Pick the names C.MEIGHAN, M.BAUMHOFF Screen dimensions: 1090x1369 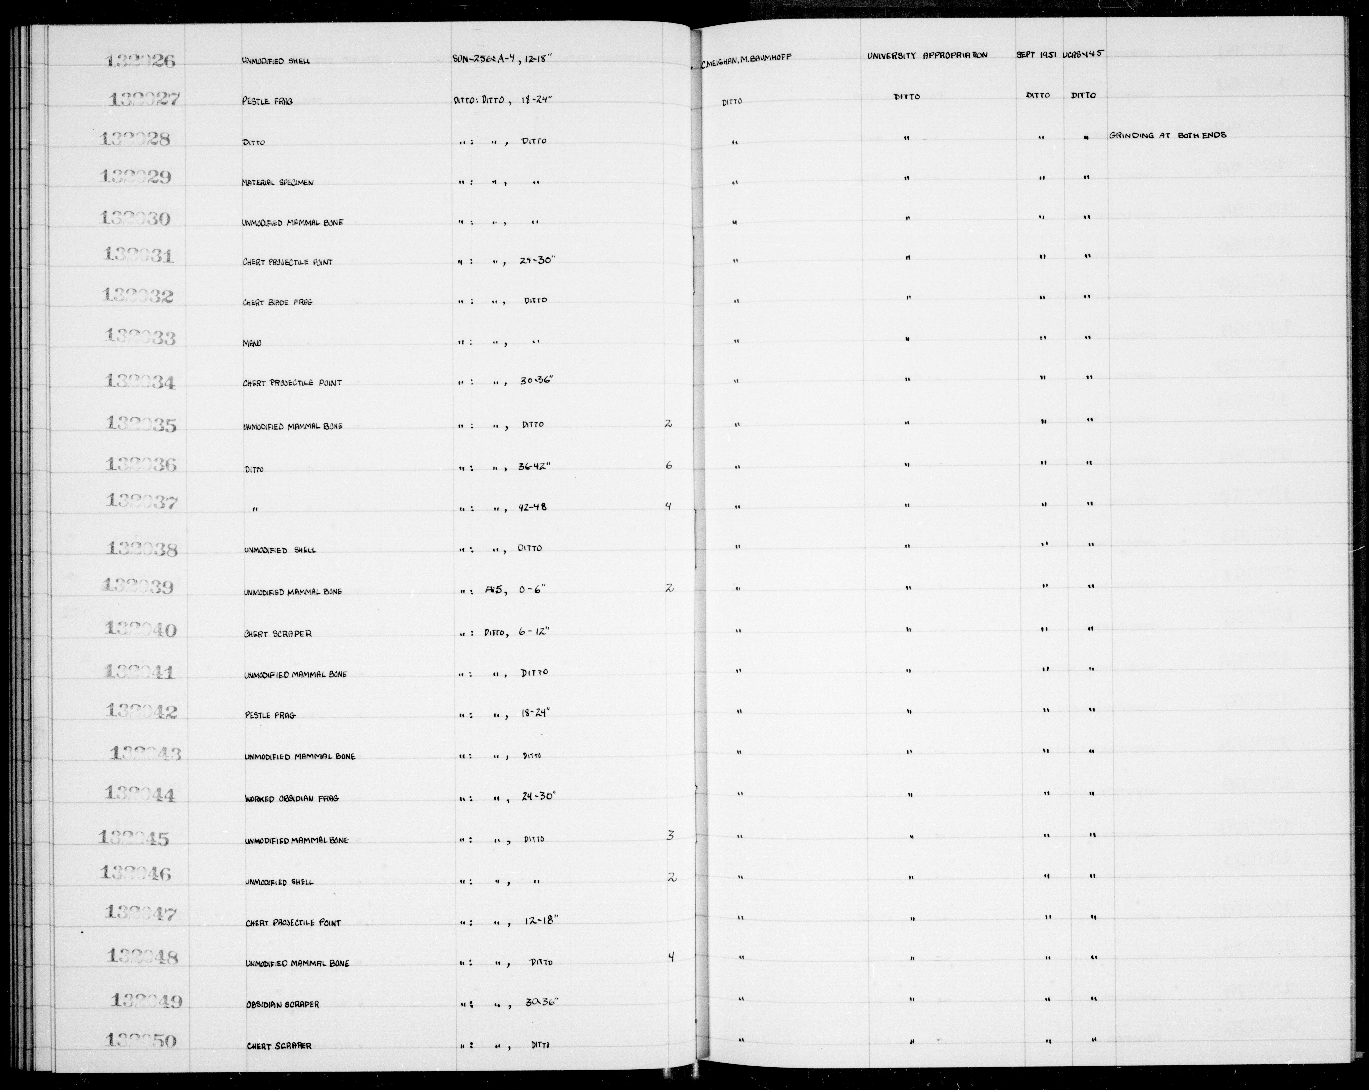point(747,57)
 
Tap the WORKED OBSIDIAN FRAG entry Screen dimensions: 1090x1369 point(292,798)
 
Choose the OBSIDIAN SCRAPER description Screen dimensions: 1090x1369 point(283,1004)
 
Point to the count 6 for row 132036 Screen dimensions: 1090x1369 point(669,466)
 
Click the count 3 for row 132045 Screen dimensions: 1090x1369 point(670,836)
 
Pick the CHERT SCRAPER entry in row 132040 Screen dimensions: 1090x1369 point(278,634)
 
